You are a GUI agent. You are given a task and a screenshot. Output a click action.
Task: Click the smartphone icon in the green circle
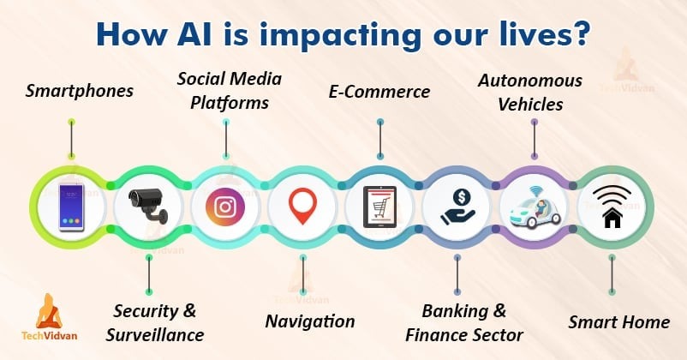[71, 207]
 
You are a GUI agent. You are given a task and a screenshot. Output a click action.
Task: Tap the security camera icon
[148, 206]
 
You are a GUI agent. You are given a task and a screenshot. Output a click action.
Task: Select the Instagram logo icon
[225, 207]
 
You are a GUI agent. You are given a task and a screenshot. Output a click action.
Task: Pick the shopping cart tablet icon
[379, 207]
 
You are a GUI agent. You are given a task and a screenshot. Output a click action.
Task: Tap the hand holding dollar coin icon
[457, 207]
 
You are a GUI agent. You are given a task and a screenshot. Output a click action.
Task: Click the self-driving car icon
[535, 207]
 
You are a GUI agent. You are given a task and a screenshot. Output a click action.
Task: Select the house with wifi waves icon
[612, 206]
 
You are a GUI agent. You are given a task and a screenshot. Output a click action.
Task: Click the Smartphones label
[80, 91]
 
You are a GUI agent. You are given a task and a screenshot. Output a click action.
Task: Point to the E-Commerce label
[379, 92]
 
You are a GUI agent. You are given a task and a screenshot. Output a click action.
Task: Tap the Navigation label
[310, 321]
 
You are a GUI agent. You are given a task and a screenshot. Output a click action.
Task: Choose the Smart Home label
[619, 322]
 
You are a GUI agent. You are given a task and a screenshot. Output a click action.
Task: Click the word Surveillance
[155, 335]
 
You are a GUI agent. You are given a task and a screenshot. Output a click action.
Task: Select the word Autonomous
[530, 81]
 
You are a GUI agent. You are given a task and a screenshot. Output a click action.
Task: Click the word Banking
[455, 311]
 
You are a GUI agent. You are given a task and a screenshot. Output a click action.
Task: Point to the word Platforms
[230, 103]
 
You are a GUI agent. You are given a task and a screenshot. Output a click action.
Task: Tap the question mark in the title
[582, 34]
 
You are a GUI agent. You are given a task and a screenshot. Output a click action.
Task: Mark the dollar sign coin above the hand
[462, 197]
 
